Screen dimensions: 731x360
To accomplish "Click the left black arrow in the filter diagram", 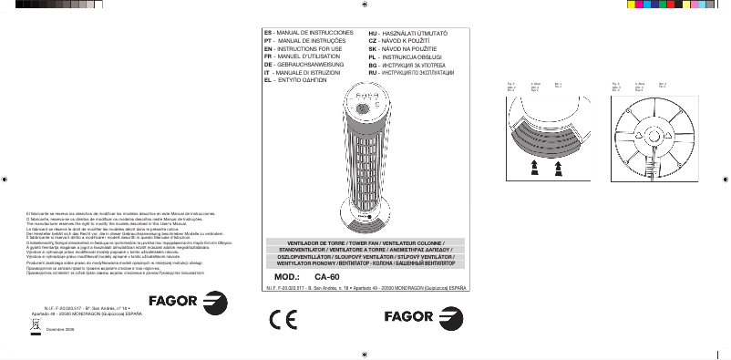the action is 533,165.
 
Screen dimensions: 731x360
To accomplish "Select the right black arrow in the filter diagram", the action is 558,165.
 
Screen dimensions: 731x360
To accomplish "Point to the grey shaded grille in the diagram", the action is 544,139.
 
